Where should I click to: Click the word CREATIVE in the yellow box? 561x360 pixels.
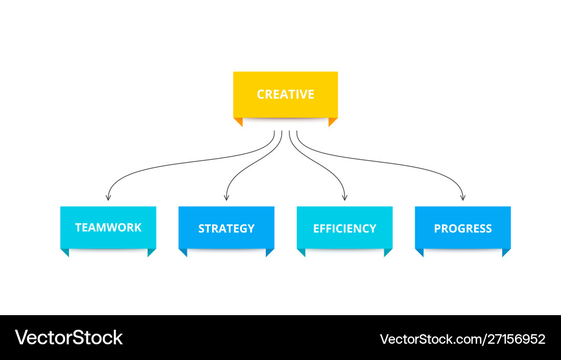pos(286,94)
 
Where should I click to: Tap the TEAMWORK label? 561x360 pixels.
pos(108,228)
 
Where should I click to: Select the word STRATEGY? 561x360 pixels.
pos(226,229)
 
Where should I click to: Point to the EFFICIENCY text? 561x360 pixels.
pos(344,229)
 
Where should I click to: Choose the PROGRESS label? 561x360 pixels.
pos(463,229)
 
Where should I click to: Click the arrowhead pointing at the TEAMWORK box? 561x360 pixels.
pos(108,197)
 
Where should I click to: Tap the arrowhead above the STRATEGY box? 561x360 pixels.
pos(226,197)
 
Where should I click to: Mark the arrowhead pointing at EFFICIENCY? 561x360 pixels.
pos(344,197)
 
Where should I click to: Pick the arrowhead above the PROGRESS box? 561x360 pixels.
pos(463,197)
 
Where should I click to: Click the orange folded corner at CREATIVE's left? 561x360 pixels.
pos(238,121)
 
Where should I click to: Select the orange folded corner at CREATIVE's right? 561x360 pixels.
pos(333,121)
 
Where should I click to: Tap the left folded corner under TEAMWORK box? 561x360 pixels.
pos(65,252)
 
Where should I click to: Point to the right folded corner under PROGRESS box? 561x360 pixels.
pos(506,252)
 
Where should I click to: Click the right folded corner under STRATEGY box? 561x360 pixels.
pos(270,252)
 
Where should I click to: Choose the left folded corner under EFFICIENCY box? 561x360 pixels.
pos(301,252)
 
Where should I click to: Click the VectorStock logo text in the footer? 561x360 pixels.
pos(68,338)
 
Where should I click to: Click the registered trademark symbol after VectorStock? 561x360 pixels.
pos(125,331)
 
